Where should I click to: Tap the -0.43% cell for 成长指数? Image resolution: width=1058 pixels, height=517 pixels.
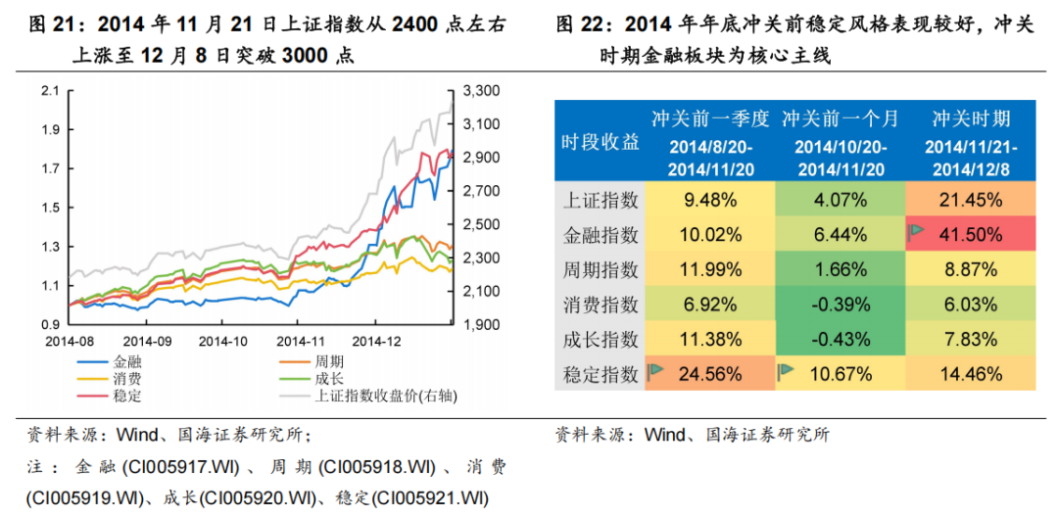coord(840,339)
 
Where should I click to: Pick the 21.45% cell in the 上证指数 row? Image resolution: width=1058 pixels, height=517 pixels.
coord(969,200)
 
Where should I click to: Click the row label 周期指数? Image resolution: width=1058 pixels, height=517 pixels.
coord(601,269)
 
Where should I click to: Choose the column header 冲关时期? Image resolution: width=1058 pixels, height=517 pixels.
coord(969,119)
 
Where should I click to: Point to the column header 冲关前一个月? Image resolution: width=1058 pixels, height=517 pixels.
coord(840,119)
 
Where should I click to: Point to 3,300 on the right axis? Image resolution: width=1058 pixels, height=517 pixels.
coord(480,91)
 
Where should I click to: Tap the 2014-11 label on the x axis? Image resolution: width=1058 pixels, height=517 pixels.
coord(300,342)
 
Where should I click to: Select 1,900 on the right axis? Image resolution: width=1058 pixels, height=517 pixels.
coord(480,324)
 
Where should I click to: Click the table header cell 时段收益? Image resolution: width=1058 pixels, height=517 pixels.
coord(601,143)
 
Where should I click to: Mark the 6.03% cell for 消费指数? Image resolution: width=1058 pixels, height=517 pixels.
coord(969,304)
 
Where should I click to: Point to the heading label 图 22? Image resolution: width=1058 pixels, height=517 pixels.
coord(579,24)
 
